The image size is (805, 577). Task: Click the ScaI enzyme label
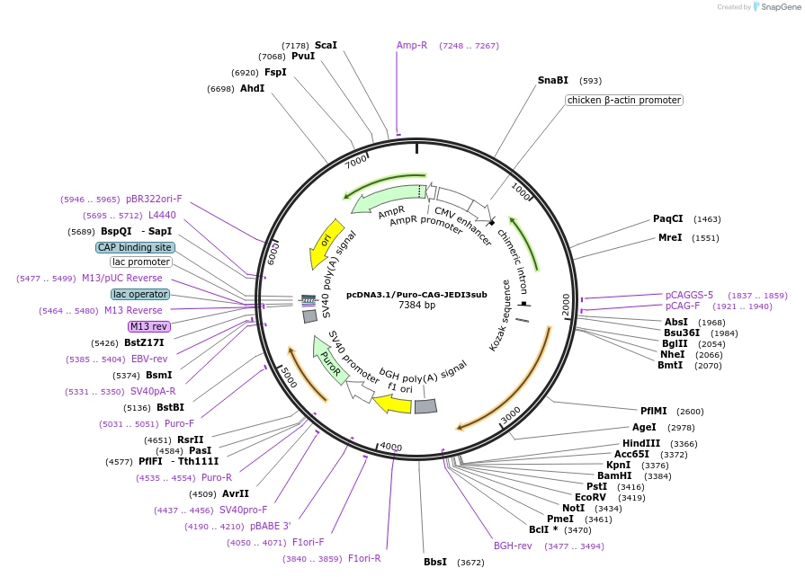[x=326, y=45]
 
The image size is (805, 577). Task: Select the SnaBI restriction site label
[x=552, y=80]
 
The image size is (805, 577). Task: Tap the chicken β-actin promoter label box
[x=623, y=100]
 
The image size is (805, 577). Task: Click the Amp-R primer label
[x=412, y=45]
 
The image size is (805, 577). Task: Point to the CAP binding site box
[x=135, y=247]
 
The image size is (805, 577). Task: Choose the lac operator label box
[x=139, y=294]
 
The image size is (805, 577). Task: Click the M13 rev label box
[x=148, y=326]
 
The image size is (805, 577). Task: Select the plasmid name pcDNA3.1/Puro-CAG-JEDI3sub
[x=416, y=294]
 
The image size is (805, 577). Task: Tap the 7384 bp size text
[x=416, y=306]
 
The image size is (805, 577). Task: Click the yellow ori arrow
[x=326, y=243]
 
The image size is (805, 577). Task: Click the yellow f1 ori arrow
[x=392, y=404]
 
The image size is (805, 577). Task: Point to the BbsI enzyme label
[x=435, y=563]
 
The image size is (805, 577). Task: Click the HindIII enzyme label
[x=640, y=443]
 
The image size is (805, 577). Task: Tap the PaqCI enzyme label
[x=667, y=218]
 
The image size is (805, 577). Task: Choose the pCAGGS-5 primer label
[x=689, y=295]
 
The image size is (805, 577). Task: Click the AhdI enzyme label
[x=252, y=88]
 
